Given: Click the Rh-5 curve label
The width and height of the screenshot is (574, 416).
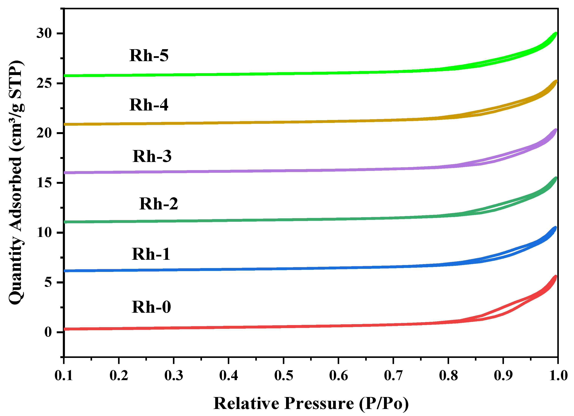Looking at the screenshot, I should [149, 55].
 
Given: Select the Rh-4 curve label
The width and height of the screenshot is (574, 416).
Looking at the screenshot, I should [149, 105].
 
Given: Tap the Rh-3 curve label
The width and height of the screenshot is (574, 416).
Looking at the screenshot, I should [152, 156].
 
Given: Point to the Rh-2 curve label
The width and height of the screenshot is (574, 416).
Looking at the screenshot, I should [159, 204].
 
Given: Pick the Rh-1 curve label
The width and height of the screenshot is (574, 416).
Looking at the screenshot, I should [151, 254].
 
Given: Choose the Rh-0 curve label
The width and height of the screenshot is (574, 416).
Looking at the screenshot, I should [151, 307].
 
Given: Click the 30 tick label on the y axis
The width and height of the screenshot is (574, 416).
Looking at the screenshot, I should [44, 33].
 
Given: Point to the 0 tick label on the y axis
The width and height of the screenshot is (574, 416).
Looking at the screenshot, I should [48, 332].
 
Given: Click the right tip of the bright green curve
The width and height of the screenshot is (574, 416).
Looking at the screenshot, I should [556, 34].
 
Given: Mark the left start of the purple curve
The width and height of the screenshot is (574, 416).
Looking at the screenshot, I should [65, 173].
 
